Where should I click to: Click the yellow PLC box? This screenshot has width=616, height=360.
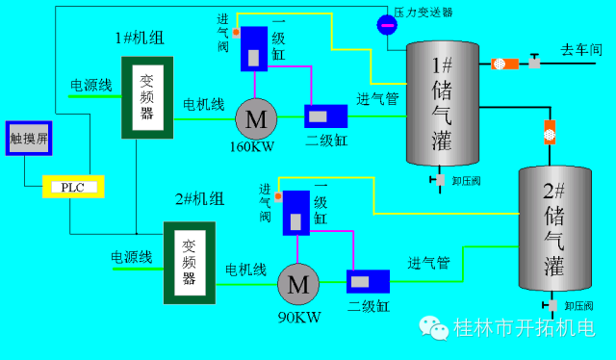tap(73, 187)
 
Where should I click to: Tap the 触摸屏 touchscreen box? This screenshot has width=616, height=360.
tap(29, 141)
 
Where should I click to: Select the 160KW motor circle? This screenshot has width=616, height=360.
tap(256, 118)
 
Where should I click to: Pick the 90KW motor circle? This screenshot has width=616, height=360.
tap(298, 285)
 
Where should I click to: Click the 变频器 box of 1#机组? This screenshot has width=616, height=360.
tap(147, 97)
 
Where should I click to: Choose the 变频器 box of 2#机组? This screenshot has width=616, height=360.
tap(189, 263)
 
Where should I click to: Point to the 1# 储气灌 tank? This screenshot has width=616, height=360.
tap(442, 106)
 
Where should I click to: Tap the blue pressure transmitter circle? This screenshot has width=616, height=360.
tap(387, 25)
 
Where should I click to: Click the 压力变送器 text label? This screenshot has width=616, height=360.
tap(423, 12)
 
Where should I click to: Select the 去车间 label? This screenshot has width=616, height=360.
tap(581, 48)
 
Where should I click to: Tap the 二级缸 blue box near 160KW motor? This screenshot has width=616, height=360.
tap(326, 116)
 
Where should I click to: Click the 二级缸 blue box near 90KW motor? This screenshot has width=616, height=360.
tap(367, 282)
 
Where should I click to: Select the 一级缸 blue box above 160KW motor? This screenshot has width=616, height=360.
tap(254, 48)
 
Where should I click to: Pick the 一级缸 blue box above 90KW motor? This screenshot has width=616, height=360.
tap(295, 213)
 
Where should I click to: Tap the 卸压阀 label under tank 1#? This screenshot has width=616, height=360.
tap(467, 180)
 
